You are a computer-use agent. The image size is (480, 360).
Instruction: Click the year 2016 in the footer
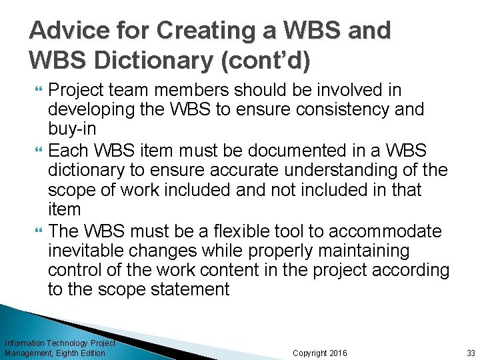pyautogui.click(x=339, y=353)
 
